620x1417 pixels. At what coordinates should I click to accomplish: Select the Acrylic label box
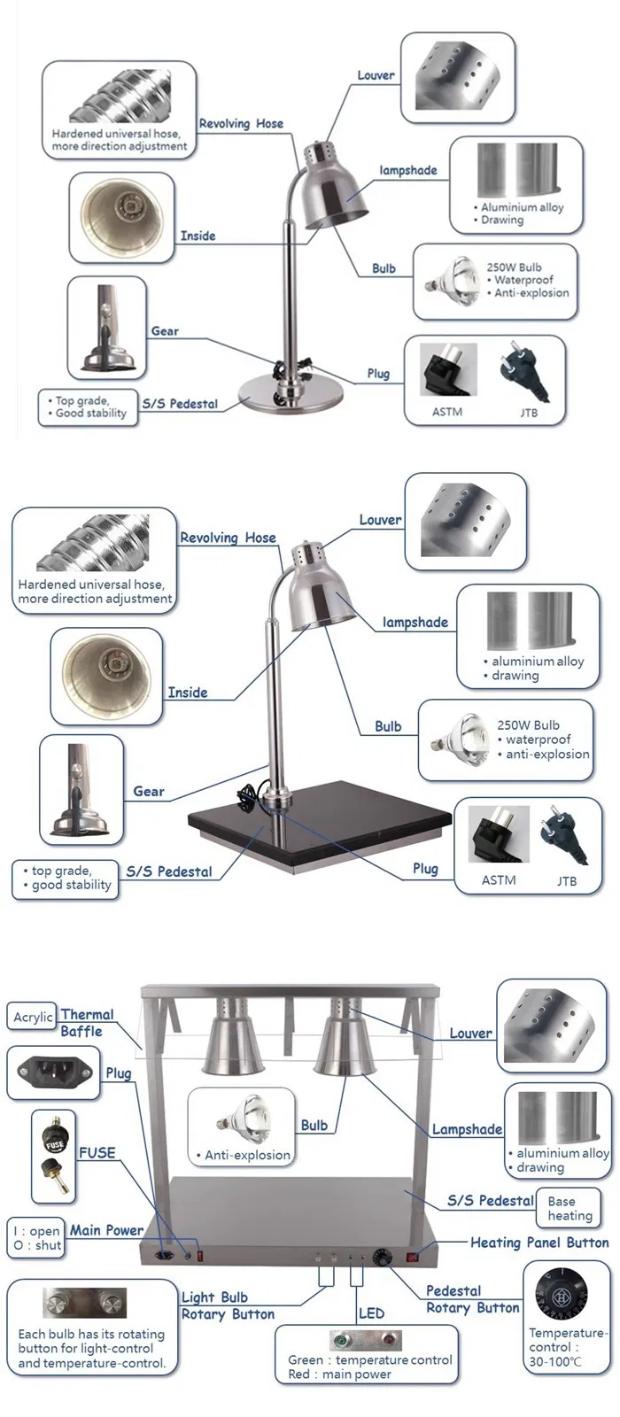[x=33, y=1018]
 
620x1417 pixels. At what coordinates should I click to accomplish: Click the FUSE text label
[x=97, y=1152]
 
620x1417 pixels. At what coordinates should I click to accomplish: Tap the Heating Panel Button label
[x=539, y=1243]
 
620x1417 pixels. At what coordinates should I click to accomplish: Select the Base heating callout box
[x=569, y=1209]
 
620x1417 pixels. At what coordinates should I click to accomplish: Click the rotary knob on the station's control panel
[x=383, y=1257]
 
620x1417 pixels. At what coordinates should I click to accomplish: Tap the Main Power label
[x=106, y=1230]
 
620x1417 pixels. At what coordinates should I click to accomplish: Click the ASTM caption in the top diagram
[x=447, y=412]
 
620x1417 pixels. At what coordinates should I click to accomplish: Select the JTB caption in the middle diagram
[x=567, y=880]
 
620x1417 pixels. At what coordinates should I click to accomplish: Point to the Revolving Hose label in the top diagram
[x=241, y=124]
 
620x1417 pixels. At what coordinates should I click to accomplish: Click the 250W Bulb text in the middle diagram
[x=528, y=724]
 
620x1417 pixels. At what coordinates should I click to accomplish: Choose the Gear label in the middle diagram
[x=148, y=791]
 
